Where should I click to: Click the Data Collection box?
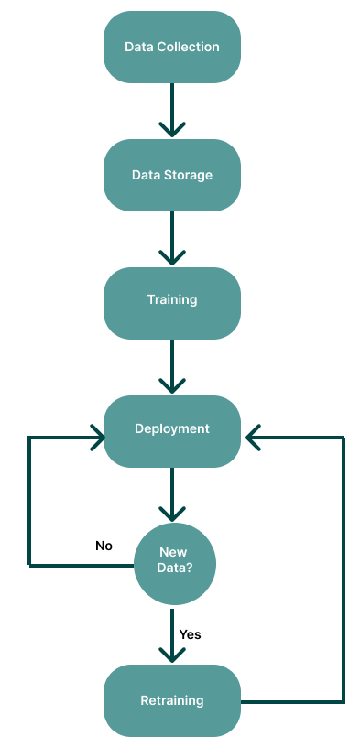pyautogui.click(x=172, y=46)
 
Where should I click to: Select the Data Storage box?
pyautogui.click(x=172, y=174)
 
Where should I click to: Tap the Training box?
pyautogui.click(x=172, y=300)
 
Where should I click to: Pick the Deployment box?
pyautogui.click(x=172, y=428)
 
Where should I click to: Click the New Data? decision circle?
pyautogui.click(x=175, y=559)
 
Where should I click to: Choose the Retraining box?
pyautogui.click(x=172, y=701)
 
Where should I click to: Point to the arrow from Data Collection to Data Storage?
pyautogui.click(x=172, y=110)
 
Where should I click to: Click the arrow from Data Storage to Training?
pyautogui.click(x=172, y=238)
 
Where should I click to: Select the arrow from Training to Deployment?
pyautogui.click(x=172, y=366)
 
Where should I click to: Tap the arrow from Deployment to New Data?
pyautogui.click(x=172, y=494)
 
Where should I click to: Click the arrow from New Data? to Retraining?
pyautogui.click(x=172, y=633)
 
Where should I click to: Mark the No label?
pyautogui.click(x=104, y=546)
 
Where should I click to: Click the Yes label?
pyautogui.click(x=190, y=633)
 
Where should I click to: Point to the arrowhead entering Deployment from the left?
pyautogui.click(x=96, y=438)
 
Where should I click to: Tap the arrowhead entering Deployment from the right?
pyautogui.click(x=251, y=438)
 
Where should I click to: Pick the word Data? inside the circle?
pyautogui.click(x=175, y=568)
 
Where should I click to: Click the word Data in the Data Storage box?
pyautogui.click(x=147, y=174)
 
